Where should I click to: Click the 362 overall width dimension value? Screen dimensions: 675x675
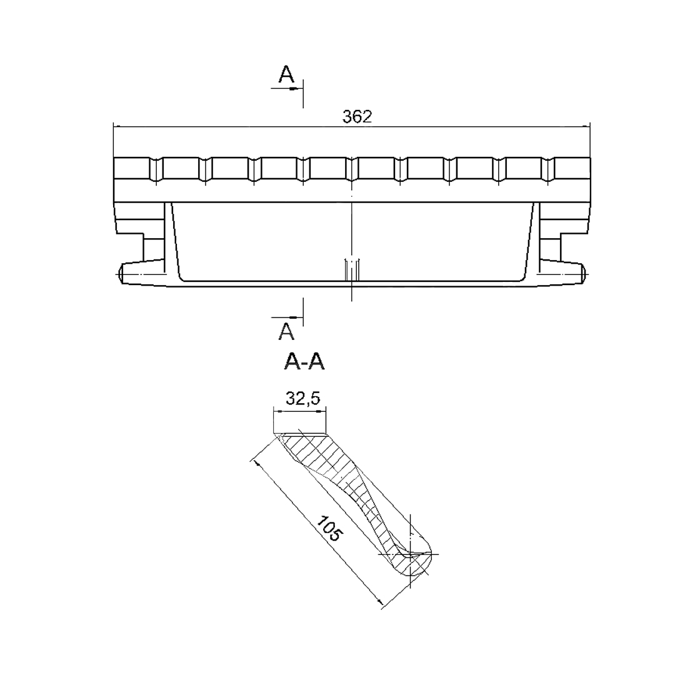(x=357, y=117)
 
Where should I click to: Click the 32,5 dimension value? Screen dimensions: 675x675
(x=303, y=399)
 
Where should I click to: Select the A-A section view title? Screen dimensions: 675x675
(x=304, y=362)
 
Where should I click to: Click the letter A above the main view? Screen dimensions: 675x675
(x=286, y=74)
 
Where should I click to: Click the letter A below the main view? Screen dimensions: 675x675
(x=286, y=331)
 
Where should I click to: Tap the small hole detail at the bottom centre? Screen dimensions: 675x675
(x=352, y=271)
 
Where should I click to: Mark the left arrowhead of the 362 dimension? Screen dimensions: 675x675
(x=117, y=126)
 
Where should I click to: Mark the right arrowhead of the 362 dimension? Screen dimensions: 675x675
(x=586, y=126)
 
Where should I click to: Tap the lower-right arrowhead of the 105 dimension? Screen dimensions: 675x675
(x=379, y=601)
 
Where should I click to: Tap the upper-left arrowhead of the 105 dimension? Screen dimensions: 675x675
(x=257, y=464)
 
